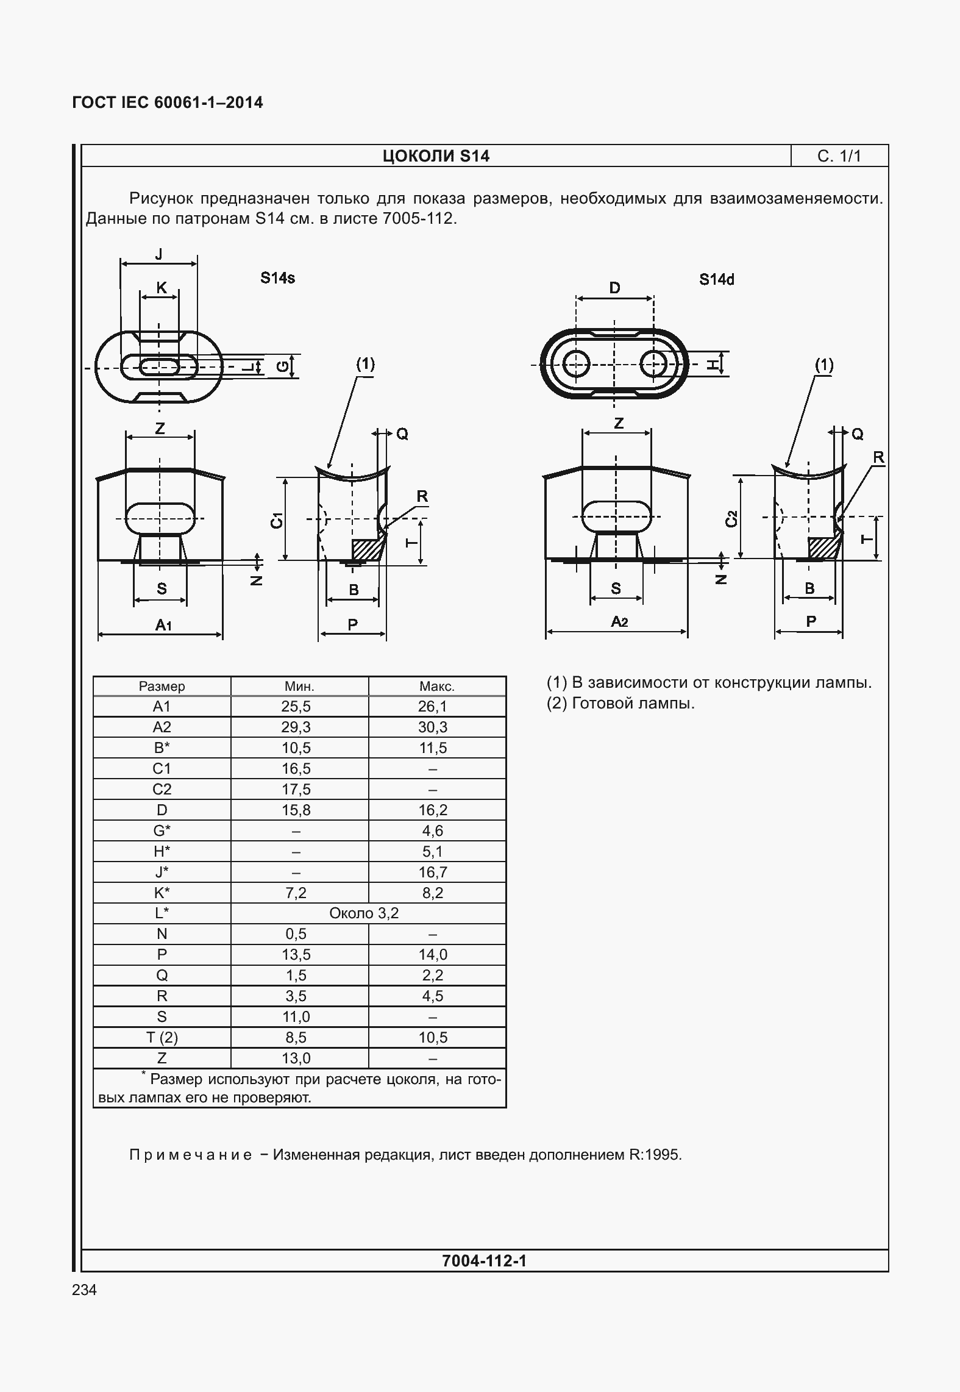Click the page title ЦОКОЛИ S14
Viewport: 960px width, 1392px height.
(436, 156)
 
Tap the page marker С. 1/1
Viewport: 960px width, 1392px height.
(839, 156)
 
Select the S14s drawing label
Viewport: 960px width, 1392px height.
(277, 278)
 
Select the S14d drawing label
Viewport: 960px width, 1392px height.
(716, 279)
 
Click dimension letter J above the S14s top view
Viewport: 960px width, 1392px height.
(159, 254)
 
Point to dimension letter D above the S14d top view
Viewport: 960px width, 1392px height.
(614, 288)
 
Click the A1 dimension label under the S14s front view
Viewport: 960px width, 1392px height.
(163, 624)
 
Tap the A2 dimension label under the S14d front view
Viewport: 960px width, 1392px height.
(619, 622)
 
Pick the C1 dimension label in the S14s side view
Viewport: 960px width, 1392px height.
(277, 520)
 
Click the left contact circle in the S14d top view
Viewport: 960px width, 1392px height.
(575, 365)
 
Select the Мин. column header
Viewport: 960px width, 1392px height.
(299, 687)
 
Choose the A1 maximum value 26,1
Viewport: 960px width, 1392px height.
(433, 707)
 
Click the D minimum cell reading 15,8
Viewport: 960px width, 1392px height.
(297, 810)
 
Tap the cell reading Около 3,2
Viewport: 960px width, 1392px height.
(364, 913)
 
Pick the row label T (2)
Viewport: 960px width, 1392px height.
(162, 1037)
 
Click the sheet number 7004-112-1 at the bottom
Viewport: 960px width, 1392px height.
(484, 1260)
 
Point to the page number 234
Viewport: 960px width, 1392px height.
(84, 1290)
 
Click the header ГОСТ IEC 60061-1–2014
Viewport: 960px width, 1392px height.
(168, 102)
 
